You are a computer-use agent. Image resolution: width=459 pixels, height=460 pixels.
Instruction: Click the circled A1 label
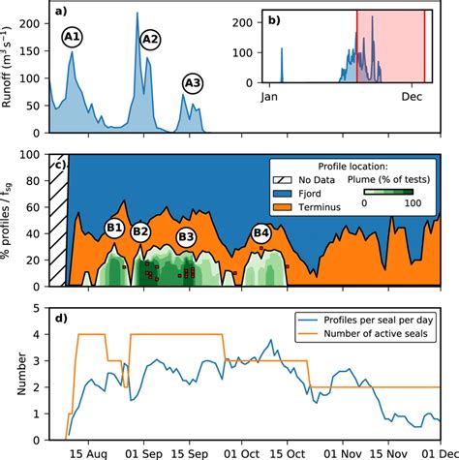[x=73, y=38]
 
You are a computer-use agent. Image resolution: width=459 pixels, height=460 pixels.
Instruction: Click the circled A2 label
[x=150, y=39]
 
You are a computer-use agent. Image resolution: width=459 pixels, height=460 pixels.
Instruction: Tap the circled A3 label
[x=192, y=84]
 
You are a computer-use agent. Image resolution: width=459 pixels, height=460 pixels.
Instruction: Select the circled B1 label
[x=114, y=229]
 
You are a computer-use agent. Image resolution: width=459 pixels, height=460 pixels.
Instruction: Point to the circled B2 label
[x=140, y=231]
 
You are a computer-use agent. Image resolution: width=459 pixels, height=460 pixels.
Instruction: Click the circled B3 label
[x=186, y=236]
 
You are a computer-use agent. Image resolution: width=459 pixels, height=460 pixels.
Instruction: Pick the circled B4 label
[x=260, y=232]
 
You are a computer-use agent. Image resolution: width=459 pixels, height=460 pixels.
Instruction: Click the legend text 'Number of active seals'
[x=378, y=335]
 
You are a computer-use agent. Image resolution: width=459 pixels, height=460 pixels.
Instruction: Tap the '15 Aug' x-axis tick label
[x=91, y=451]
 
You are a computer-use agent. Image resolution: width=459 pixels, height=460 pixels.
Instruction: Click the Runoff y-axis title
[x=12, y=69]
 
